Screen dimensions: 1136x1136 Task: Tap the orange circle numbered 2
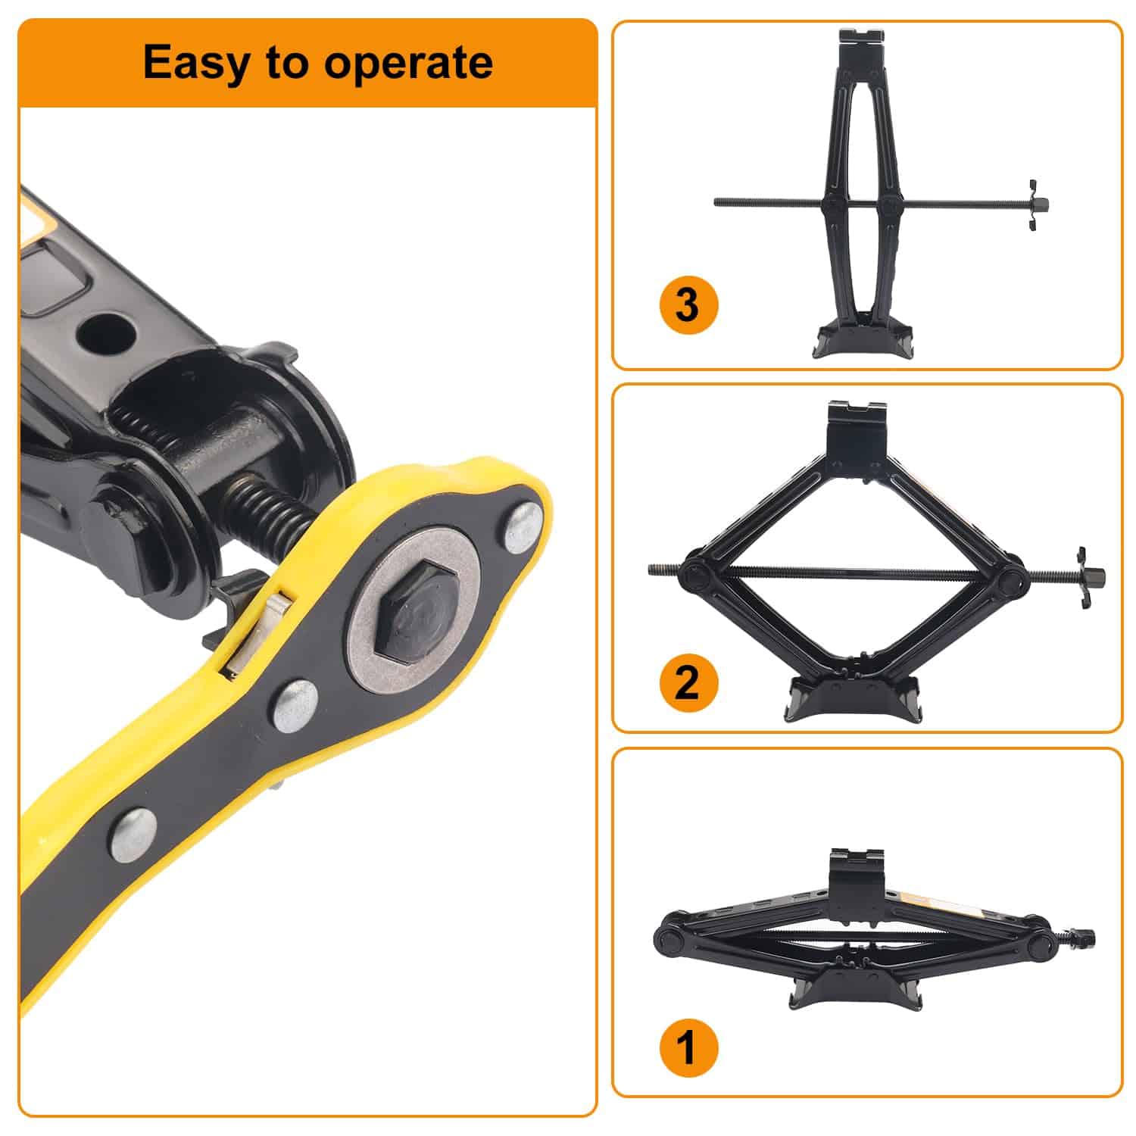point(686,682)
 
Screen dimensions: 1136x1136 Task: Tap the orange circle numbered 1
point(686,1049)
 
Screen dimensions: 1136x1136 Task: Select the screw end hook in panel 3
point(1033,204)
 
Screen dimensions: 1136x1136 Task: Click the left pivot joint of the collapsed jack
point(670,940)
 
